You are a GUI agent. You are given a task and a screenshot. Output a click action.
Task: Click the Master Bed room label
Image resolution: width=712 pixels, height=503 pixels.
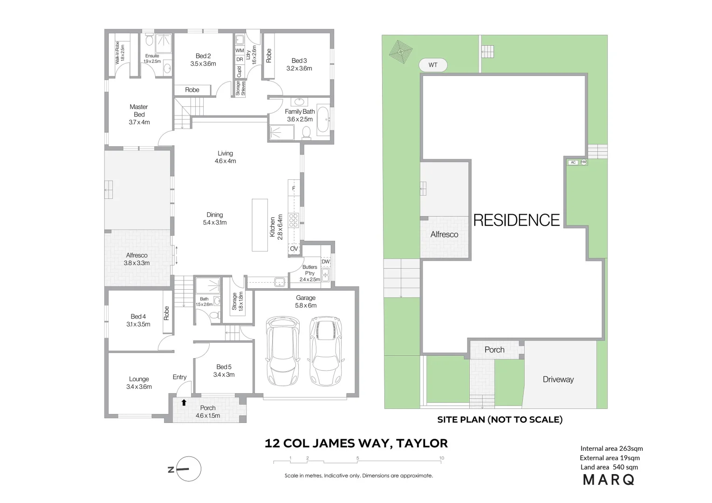[x=139, y=115]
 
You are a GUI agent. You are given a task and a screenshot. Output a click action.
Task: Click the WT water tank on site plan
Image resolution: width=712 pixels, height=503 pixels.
[x=433, y=65]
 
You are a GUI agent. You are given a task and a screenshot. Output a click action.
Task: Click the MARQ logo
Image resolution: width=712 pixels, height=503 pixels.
[x=609, y=480]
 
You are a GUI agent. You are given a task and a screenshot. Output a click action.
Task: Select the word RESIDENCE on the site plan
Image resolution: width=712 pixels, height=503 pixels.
[x=516, y=220]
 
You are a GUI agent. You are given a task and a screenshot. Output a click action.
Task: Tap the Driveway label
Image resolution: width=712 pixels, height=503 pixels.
[x=558, y=380]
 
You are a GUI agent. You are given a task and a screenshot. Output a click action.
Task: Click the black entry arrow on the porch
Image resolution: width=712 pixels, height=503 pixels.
[x=184, y=402]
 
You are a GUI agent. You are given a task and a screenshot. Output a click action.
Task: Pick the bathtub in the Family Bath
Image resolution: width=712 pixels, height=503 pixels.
[x=322, y=119]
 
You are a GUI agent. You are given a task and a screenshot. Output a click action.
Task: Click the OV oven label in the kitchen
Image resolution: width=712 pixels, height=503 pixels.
[x=294, y=249]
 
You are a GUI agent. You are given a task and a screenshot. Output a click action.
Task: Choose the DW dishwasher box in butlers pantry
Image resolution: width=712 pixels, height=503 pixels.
[x=326, y=262]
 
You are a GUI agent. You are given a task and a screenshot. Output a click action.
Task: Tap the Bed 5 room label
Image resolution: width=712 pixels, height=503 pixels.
[x=224, y=371]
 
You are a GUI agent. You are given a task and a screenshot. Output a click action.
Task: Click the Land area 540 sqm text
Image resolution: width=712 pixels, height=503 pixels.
[x=609, y=467]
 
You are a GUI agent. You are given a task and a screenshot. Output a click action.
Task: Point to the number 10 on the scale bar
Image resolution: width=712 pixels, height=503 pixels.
[x=441, y=458]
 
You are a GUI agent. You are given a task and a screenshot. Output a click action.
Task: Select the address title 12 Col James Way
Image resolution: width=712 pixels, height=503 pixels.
[x=356, y=443]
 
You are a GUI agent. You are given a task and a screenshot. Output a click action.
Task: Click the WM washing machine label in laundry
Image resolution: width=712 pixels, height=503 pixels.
[x=240, y=51]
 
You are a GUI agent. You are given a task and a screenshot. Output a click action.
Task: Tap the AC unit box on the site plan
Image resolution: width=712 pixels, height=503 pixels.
[x=573, y=163]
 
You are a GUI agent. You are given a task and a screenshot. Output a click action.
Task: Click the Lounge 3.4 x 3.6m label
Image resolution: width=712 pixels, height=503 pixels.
[x=139, y=383]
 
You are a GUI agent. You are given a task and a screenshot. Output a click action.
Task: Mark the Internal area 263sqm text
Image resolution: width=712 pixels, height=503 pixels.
[x=611, y=449]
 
